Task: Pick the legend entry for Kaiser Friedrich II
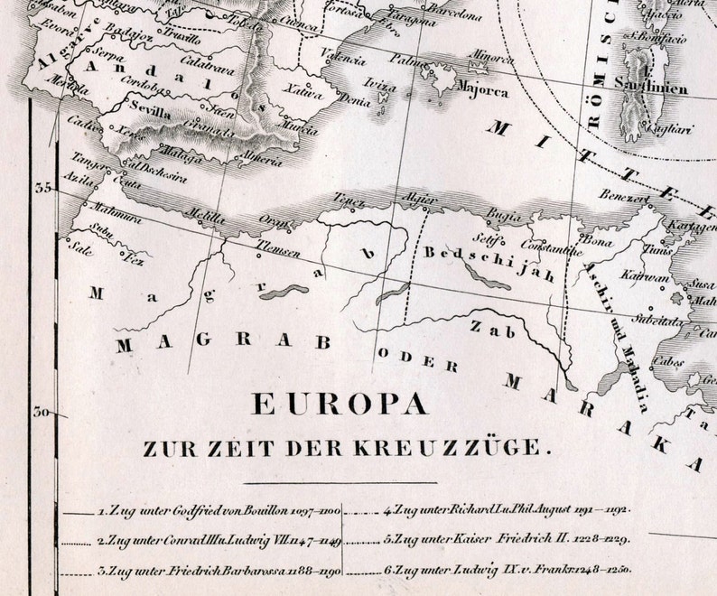tap(506, 540)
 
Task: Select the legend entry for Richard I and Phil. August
tap(506, 509)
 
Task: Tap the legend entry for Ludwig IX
tap(506, 570)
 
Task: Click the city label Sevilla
tap(152, 114)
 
